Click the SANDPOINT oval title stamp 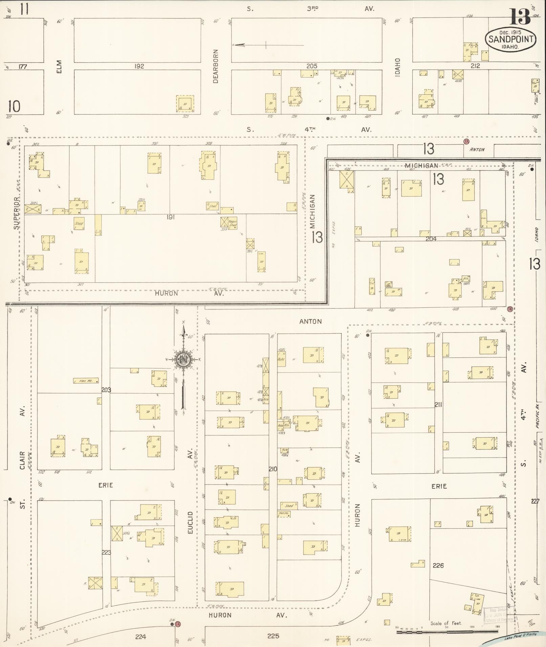[x=511, y=39]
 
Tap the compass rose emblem [x=183, y=360]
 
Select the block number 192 [x=139, y=66]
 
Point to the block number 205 [x=311, y=66]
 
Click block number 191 [x=170, y=217]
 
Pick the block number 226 [x=438, y=565]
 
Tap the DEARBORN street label [x=216, y=67]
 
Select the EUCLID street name [x=190, y=523]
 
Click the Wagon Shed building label [x=233, y=224]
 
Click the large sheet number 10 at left [x=14, y=107]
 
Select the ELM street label [x=59, y=67]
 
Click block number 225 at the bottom [x=273, y=636]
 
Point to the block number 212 [x=475, y=66]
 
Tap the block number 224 [x=140, y=637]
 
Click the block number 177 [x=22, y=67]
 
